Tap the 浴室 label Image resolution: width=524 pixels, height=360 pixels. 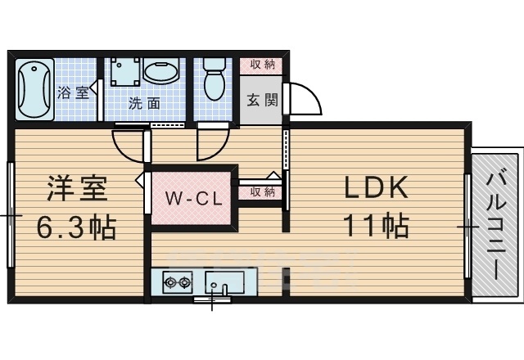[73, 92]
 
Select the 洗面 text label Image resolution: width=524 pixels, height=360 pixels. [143, 105]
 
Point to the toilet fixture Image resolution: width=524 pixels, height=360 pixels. [215, 79]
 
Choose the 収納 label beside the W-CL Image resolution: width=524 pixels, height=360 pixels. [262, 191]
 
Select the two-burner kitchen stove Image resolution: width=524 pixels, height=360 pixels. [177, 284]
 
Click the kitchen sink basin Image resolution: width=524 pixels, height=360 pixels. [224, 284]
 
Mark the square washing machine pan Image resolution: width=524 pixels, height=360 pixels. [124, 72]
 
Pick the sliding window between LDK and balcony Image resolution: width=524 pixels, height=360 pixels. [468, 225]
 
